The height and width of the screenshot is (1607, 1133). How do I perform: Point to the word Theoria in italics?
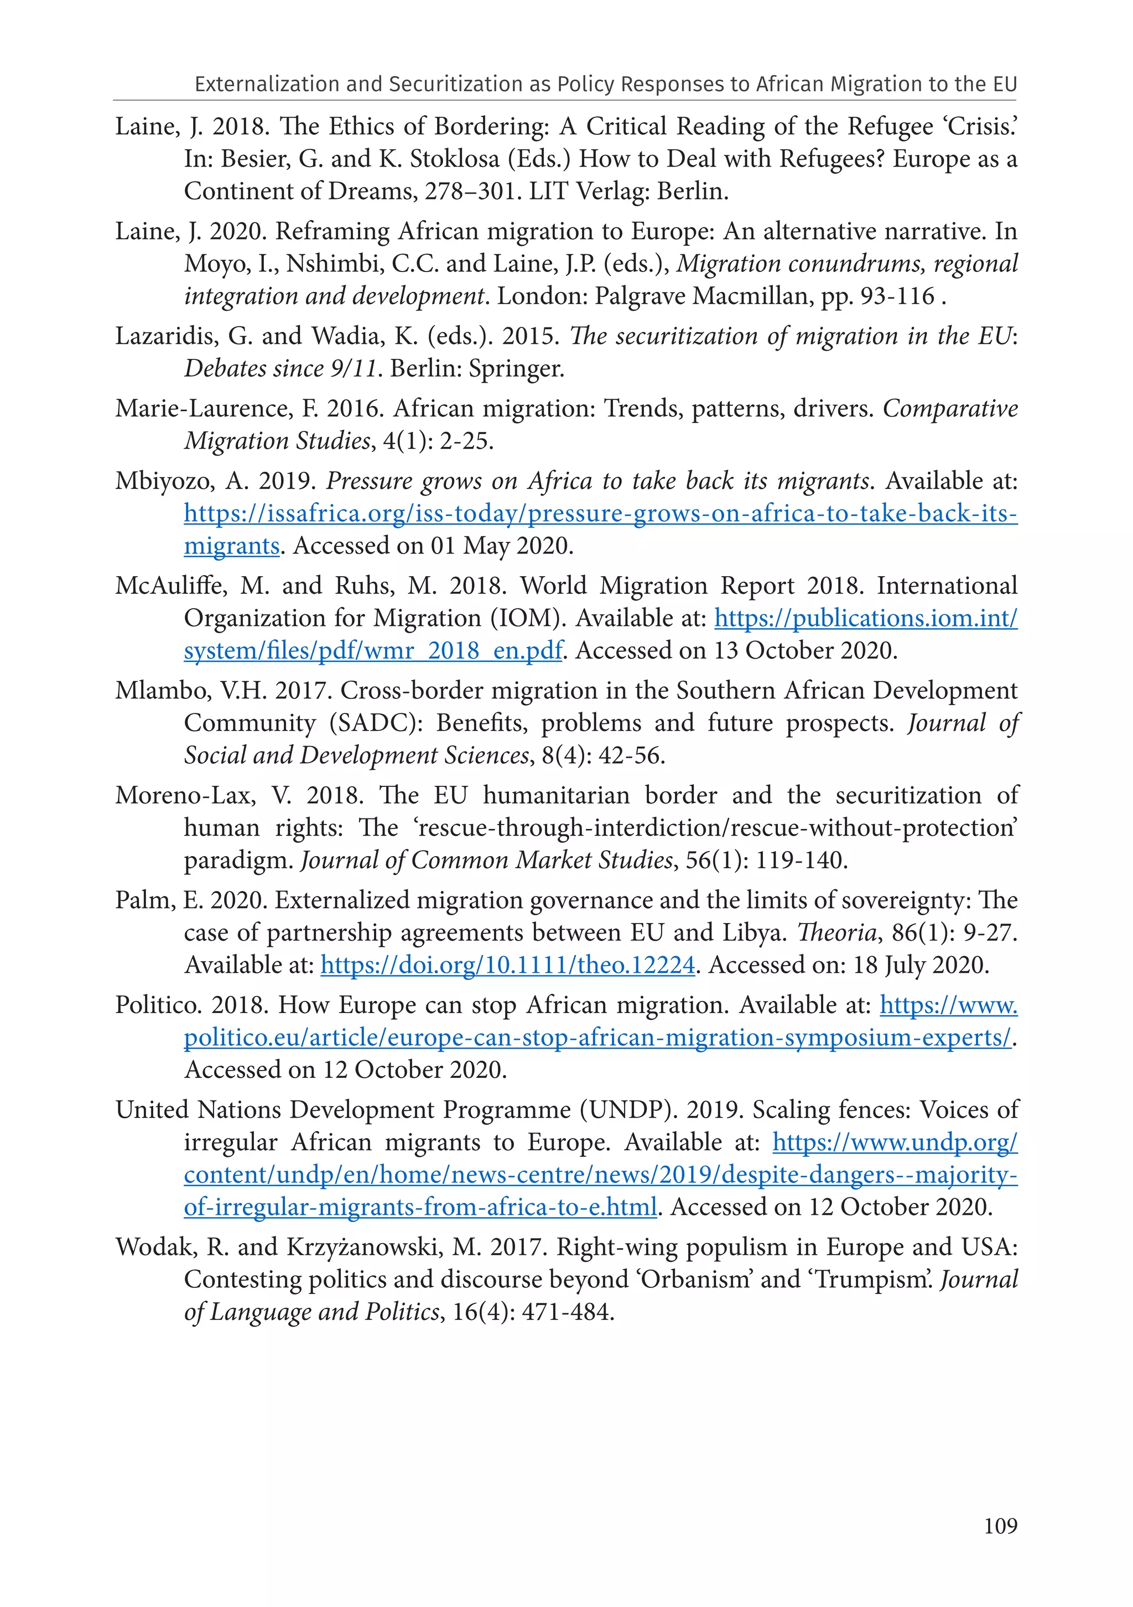[837, 933]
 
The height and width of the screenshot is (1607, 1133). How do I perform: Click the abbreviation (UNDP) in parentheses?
[625, 1110]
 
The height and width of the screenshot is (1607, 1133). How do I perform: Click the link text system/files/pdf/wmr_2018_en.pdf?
[372, 651]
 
